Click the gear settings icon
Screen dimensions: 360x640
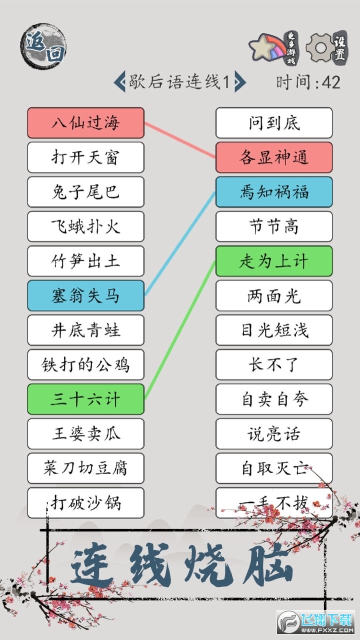321,47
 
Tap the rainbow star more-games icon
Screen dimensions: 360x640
268,47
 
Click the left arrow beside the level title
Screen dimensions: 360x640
119,82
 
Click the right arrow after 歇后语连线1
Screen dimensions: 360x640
240,82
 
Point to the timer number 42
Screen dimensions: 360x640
331,82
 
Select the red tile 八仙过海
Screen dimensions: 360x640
85,123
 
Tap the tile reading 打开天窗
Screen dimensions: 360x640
85,157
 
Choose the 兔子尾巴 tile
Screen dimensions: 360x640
85,192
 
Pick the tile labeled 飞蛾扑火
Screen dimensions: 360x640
85,226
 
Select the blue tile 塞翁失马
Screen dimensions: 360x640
85,295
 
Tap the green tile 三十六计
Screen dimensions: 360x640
85,399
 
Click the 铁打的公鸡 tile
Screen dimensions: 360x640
85,365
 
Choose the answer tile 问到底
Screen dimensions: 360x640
274,123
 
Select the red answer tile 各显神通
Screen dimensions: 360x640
274,157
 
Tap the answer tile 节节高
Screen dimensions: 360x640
274,226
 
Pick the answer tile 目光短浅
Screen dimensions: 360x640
274,330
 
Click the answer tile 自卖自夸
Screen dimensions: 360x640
274,399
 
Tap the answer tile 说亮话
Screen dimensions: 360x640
274,434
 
